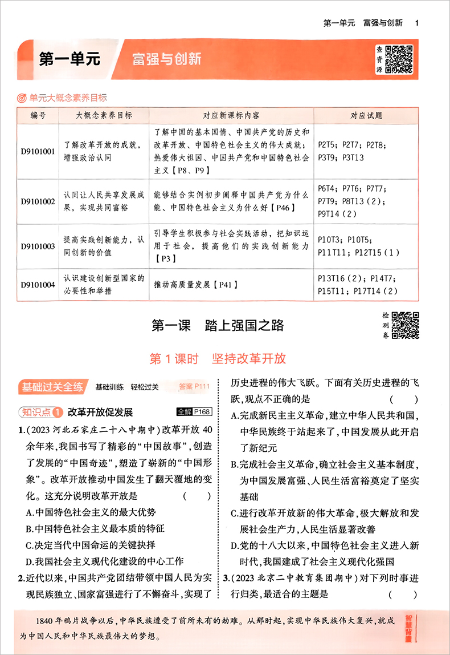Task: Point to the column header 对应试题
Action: (x=366, y=115)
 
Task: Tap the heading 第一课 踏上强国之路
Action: (x=218, y=326)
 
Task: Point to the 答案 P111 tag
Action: (x=194, y=387)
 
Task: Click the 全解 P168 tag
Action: (x=194, y=411)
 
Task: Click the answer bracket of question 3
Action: (x=398, y=594)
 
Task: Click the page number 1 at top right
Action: (x=418, y=23)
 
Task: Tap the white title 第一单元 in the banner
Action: (x=69, y=59)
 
